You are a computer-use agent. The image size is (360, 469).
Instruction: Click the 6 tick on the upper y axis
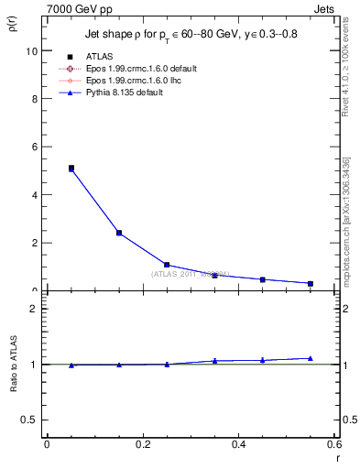pyautogui.click(x=34, y=147)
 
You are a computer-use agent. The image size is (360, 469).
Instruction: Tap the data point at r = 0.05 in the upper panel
pyautogui.click(x=71, y=169)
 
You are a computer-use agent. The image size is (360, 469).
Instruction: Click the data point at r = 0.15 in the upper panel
pyautogui.click(x=119, y=233)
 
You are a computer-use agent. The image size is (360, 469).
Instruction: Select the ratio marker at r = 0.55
pyautogui.click(x=311, y=358)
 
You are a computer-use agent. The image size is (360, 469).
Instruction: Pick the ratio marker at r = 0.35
pyautogui.click(x=214, y=361)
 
